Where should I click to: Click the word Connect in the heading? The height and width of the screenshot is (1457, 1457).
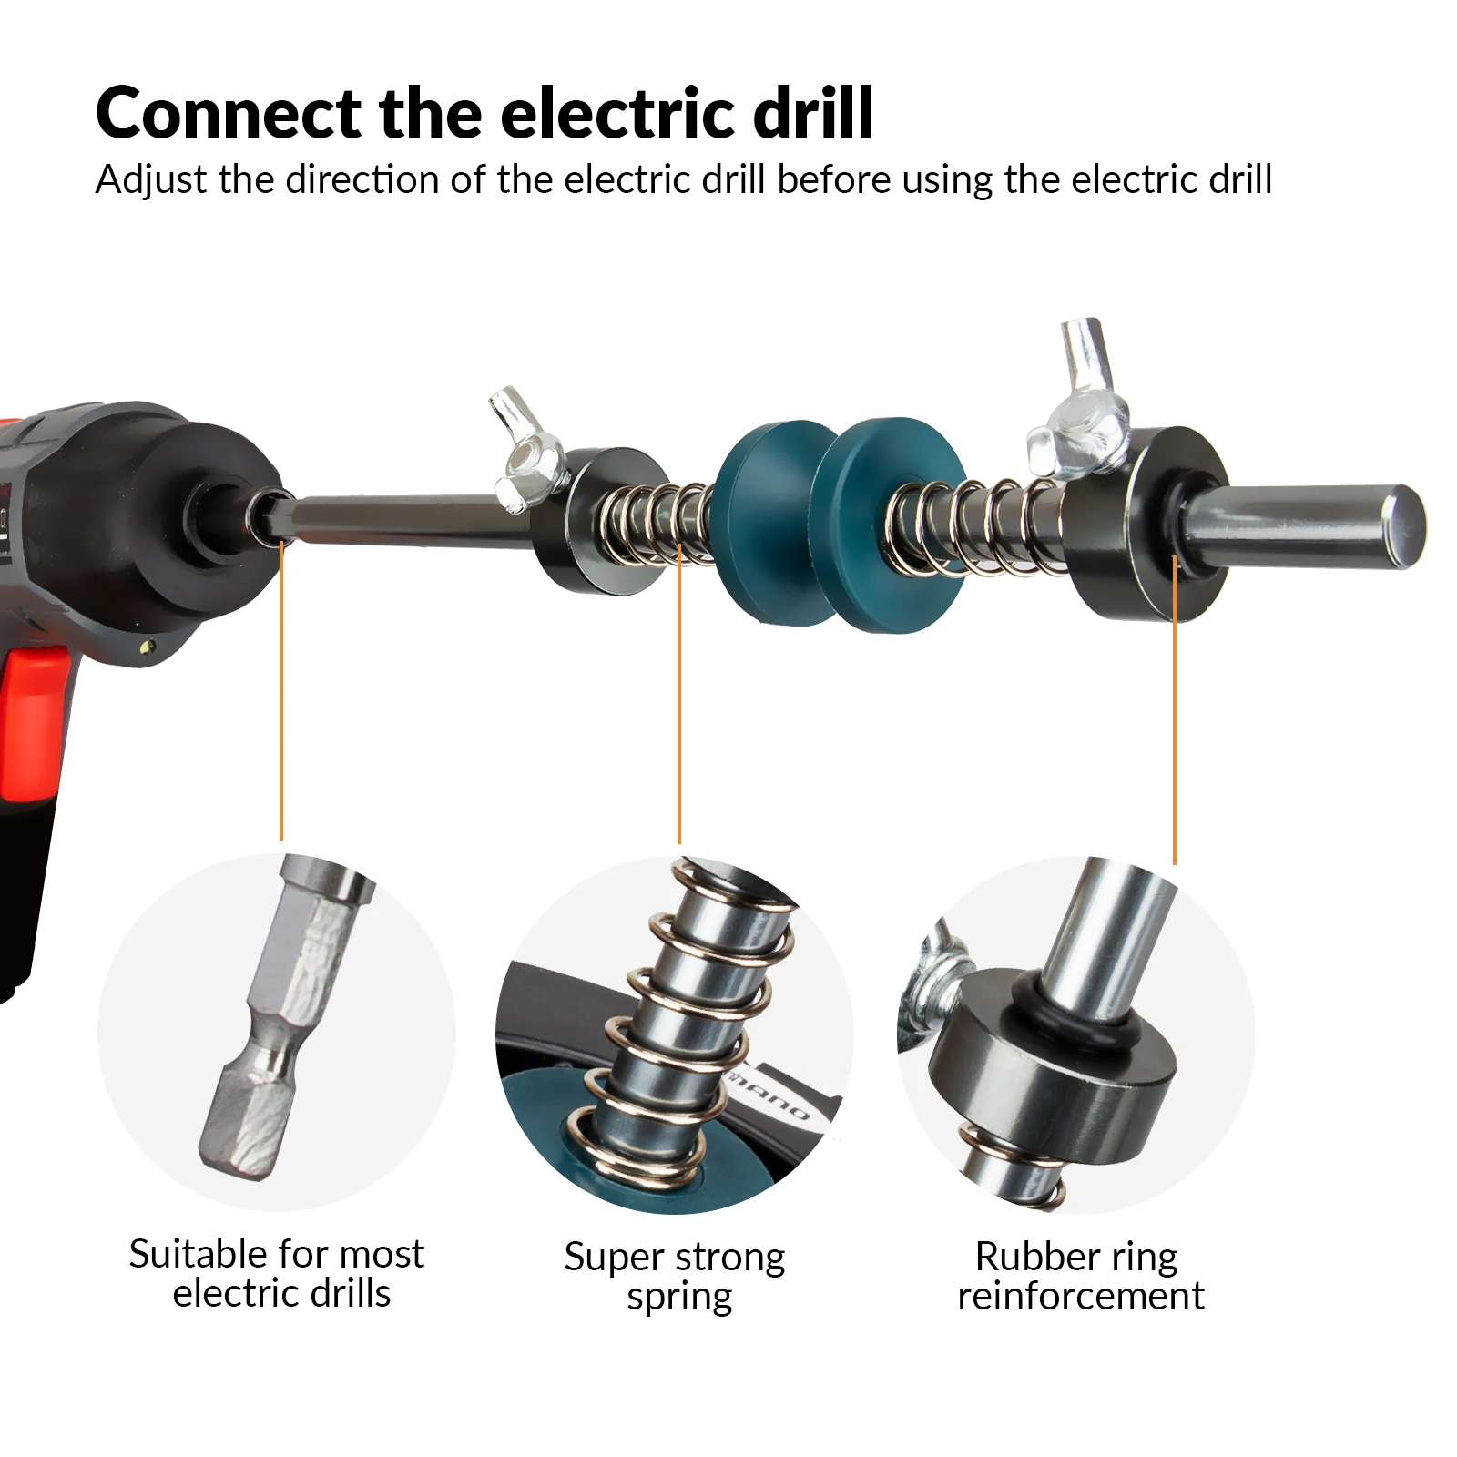[x=228, y=113]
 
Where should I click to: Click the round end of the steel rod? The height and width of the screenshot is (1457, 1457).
[x=1402, y=528]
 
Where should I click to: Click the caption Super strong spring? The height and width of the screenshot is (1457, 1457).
[x=675, y=1277]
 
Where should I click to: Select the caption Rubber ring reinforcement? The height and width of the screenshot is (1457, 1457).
[x=1080, y=1276]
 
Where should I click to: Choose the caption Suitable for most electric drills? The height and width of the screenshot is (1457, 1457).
[x=277, y=1273]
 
